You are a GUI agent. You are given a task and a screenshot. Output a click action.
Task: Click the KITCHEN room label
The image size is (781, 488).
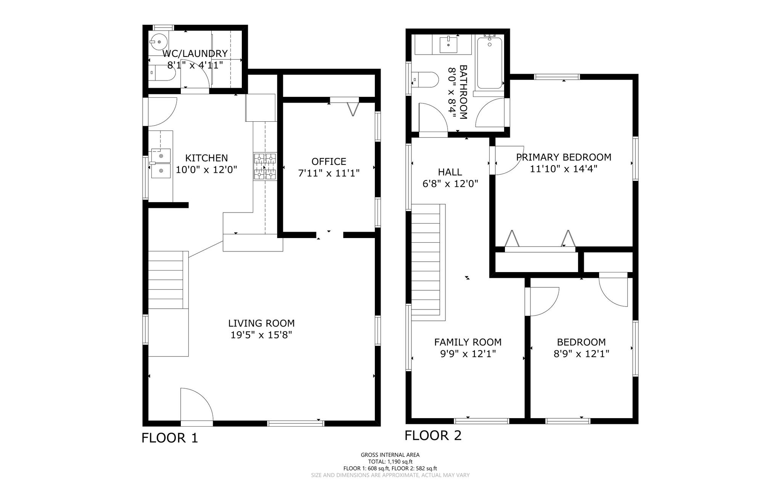pos(206,158)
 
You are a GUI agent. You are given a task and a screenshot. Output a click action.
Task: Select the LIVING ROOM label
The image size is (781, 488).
pos(261,324)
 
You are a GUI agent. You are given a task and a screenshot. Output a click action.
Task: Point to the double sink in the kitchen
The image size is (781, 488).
pos(161,164)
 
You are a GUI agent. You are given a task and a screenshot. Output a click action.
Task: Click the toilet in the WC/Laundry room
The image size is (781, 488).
pos(162,72)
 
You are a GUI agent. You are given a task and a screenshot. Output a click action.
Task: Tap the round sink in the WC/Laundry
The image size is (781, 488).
pos(158,41)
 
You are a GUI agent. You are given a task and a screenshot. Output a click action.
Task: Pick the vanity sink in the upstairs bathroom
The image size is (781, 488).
pos(449,45)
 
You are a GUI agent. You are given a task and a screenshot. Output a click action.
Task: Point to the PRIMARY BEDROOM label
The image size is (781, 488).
pos(563,157)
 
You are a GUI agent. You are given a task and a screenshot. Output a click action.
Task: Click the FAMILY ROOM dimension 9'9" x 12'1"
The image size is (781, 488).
pos(468,354)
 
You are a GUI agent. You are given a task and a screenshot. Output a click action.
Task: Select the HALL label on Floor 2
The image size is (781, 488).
pos(450,172)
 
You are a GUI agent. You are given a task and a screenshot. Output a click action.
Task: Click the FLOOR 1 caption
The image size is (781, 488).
pos(170,438)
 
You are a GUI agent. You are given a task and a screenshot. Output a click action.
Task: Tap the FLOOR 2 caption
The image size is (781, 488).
pos(433,435)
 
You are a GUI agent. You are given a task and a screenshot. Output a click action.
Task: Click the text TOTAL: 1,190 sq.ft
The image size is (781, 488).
pos(390,462)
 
